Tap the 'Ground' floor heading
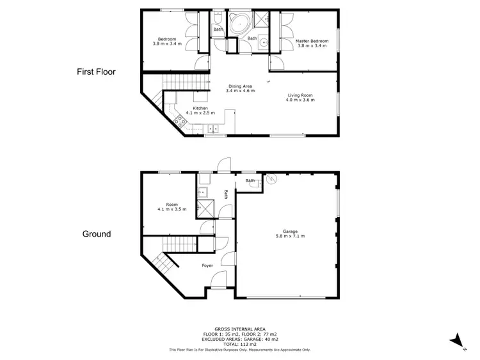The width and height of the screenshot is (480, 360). pos(97,234)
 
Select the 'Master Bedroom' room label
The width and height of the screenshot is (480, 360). pos(311,41)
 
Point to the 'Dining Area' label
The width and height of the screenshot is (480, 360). pos(240,86)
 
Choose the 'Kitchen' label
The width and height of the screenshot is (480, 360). pos(200,108)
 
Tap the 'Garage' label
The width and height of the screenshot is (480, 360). pos(285,231)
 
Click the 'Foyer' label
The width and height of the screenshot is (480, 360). pos(207,265)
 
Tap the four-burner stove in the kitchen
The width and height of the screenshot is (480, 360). pos(179,121)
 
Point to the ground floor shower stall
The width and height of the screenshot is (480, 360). pos(206,207)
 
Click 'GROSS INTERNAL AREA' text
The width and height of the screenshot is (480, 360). pos(240,330)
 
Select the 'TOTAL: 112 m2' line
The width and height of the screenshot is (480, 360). pos(240,345)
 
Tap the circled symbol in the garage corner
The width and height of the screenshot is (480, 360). pos(270,180)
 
